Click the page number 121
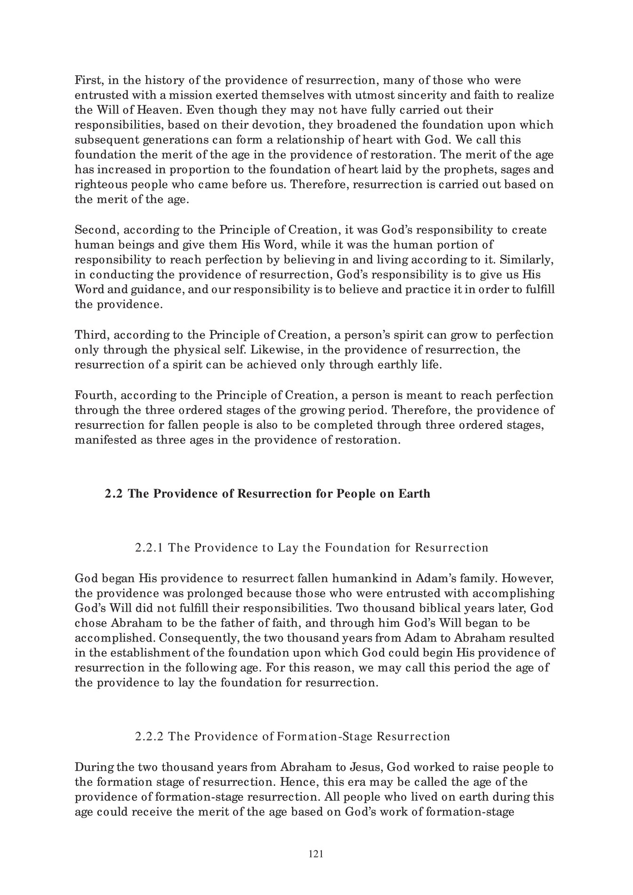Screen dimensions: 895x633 coord(316,854)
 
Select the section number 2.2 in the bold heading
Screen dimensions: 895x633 coord(114,494)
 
